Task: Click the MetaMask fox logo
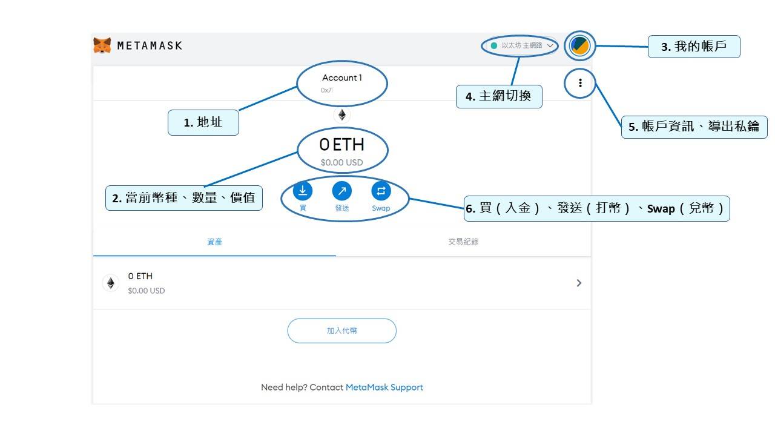[x=102, y=45]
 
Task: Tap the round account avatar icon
[x=580, y=45]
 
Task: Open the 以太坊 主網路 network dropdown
[x=521, y=45]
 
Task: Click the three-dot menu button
[x=580, y=83]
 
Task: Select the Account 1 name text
[x=341, y=78]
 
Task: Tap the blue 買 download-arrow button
[x=303, y=191]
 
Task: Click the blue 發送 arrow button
[x=342, y=191]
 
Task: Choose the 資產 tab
[x=214, y=242]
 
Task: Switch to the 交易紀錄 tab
[x=463, y=242]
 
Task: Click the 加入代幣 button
[x=341, y=331]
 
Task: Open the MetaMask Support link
[x=384, y=387]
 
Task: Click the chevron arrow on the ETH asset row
[x=579, y=283]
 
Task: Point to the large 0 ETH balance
[x=341, y=145]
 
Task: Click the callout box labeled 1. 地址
[x=203, y=123]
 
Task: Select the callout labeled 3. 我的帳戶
[x=694, y=47]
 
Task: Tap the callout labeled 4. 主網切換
[x=499, y=96]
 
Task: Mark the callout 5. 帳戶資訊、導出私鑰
[x=694, y=127]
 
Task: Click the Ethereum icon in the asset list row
[x=111, y=283]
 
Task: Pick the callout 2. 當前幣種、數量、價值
[x=184, y=198]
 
